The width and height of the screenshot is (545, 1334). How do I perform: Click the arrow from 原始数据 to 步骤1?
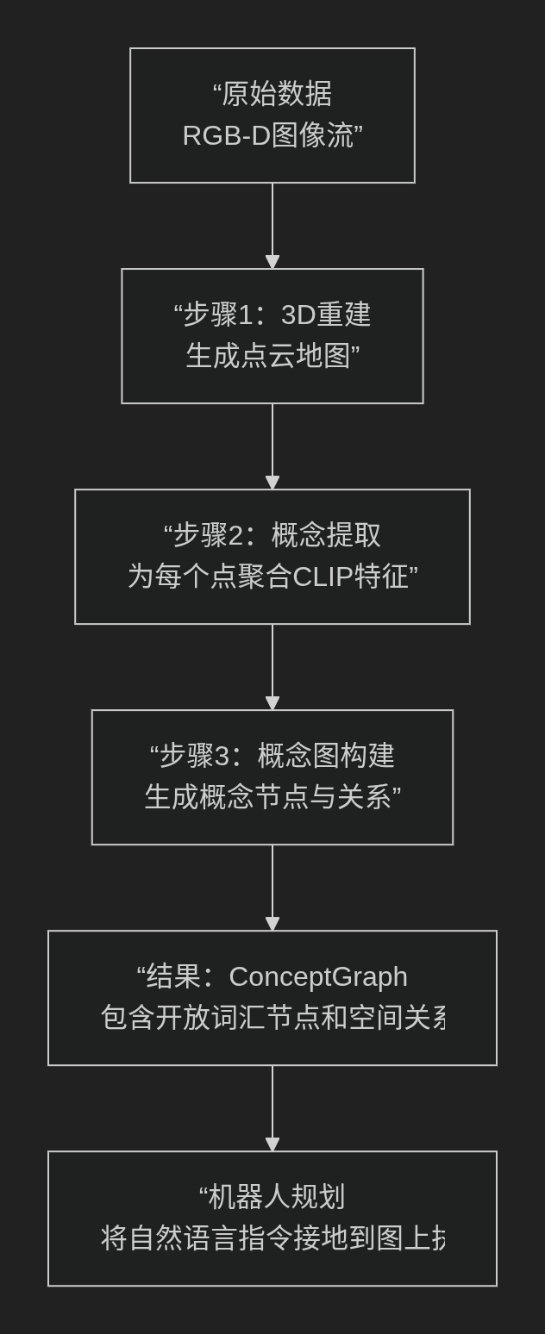pyautogui.click(x=272, y=226)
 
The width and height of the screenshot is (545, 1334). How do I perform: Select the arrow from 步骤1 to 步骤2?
pyautogui.click(x=272, y=446)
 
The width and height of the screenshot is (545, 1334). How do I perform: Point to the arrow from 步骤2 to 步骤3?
pyautogui.click(x=272, y=667)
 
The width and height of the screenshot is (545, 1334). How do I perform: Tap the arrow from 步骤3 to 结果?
pyautogui.click(x=272, y=888)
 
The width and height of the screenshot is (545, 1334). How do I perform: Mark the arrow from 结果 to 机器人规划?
pyautogui.click(x=272, y=1108)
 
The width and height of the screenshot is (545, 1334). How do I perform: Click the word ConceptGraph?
pyautogui.click(x=317, y=977)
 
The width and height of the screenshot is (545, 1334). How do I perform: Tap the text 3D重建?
pyautogui.click(x=325, y=315)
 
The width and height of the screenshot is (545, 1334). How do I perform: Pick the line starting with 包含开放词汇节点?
pyautogui.click(x=272, y=1018)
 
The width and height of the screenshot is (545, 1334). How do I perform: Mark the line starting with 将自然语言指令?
pyautogui.click(x=272, y=1238)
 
